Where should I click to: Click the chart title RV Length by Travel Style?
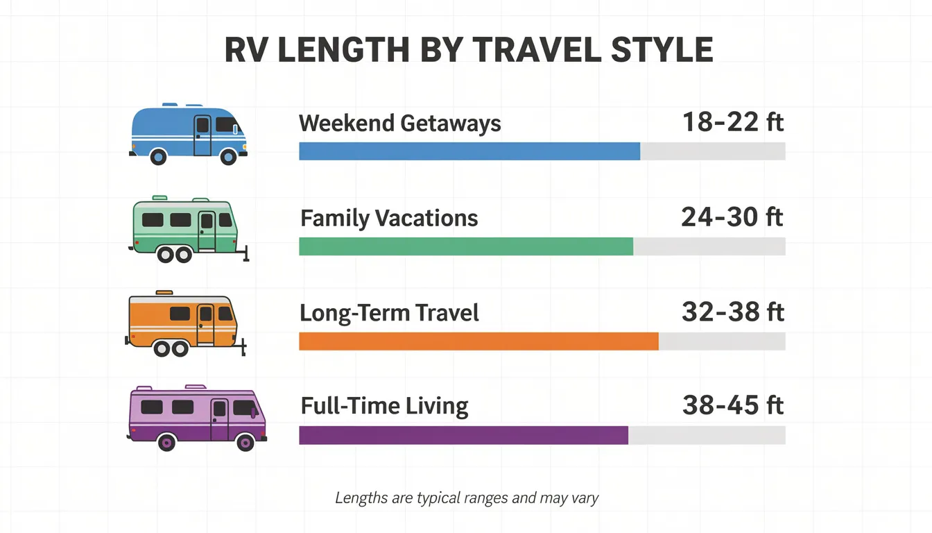click(x=469, y=51)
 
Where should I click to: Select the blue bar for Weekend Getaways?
click(x=469, y=151)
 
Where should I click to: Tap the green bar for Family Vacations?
click(x=465, y=246)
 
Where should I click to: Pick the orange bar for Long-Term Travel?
click(x=478, y=341)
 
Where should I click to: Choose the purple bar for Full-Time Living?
click(x=463, y=435)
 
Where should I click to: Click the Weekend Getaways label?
click(x=399, y=124)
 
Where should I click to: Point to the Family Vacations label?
click(x=389, y=219)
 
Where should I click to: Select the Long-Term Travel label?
click(x=389, y=313)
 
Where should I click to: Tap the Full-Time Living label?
click(x=384, y=406)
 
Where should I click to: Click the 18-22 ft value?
click(x=732, y=123)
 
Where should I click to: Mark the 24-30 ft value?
click(x=732, y=218)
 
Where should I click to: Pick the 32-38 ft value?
click(x=732, y=312)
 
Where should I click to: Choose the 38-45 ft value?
click(x=732, y=405)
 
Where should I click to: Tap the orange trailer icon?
click(x=184, y=323)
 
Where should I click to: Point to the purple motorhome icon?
click(x=197, y=417)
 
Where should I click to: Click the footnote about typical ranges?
click(x=466, y=498)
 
